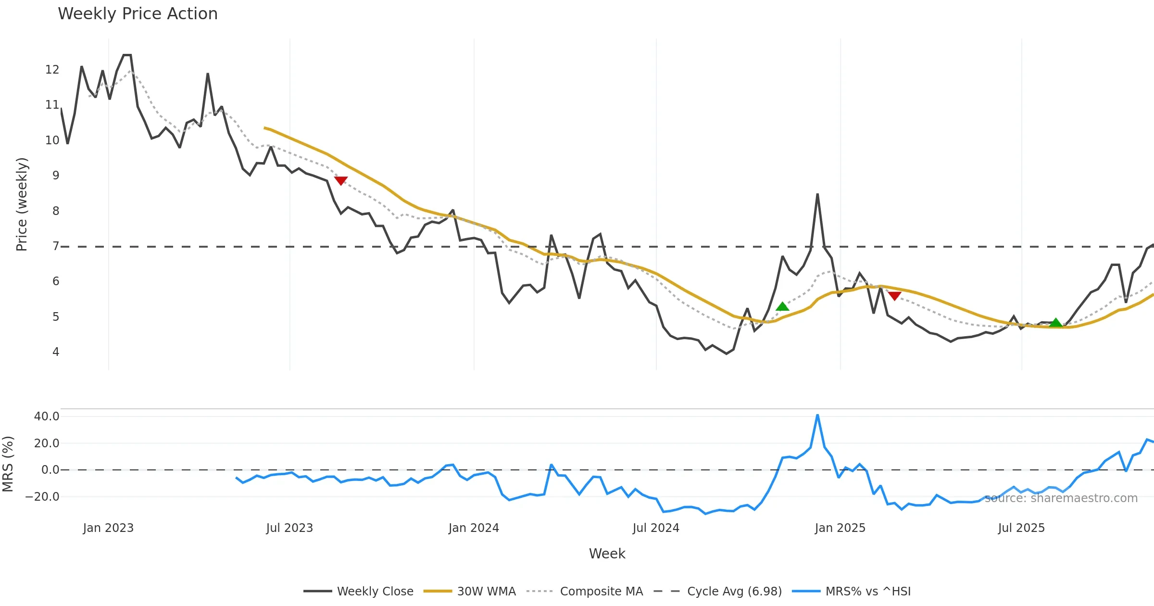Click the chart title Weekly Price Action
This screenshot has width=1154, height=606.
(138, 14)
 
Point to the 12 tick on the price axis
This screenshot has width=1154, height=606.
(52, 70)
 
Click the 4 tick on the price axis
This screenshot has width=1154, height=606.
(56, 352)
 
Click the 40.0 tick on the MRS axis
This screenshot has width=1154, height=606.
(47, 417)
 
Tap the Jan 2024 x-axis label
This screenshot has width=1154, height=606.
(474, 528)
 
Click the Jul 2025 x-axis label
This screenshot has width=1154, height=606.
(1021, 528)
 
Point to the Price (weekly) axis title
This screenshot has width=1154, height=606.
(22, 204)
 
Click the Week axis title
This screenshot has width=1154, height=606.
(607, 554)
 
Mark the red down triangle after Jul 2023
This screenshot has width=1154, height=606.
(341, 181)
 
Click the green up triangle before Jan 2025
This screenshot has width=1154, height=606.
(782, 307)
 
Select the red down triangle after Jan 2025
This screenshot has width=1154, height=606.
(894, 296)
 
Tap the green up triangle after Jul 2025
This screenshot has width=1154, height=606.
(1055, 323)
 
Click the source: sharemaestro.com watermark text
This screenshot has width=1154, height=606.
(1061, 498)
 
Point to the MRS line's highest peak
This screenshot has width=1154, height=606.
(817, 415)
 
